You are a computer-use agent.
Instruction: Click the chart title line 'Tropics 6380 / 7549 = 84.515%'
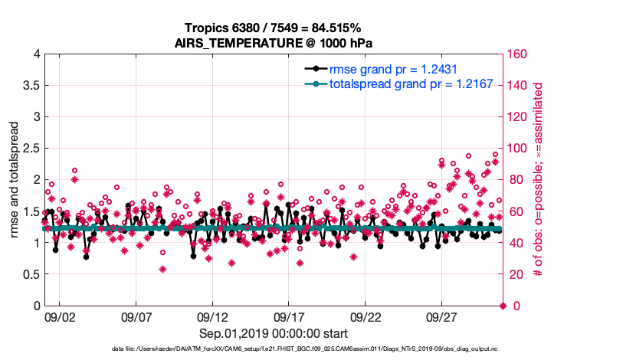273,28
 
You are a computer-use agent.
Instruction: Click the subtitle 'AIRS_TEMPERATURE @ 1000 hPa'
274,43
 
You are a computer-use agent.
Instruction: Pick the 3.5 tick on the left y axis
30,85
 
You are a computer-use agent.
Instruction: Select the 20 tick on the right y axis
513,274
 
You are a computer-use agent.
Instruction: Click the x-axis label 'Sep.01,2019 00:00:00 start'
274,333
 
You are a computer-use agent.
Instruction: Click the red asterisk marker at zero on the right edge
503,306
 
